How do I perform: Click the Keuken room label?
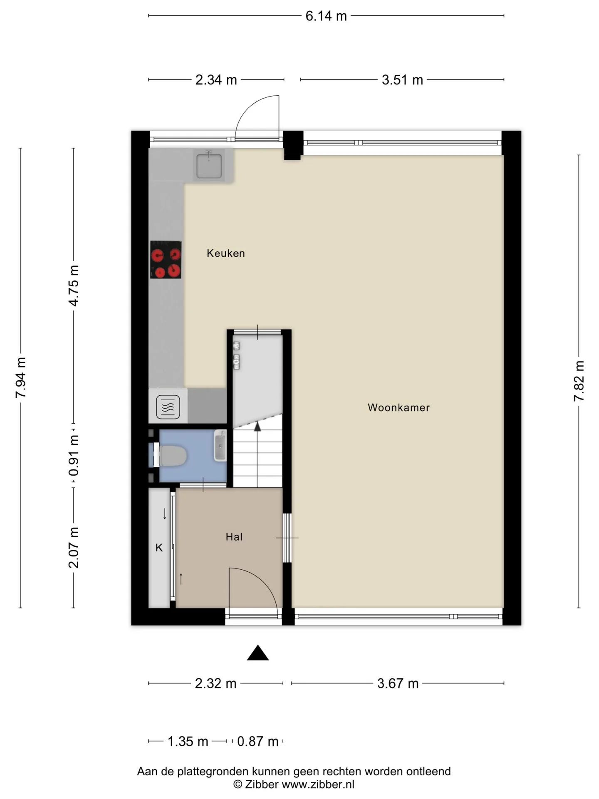pyautogui.click(x=226, y=253)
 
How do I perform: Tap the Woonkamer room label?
pyautogui.click(x=399, y=407)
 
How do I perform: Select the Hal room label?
pyautogui.click(x=234, y=537)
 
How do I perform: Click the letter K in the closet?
pyautogui.click(x=159, y=548)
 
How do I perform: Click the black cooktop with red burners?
pyautogui.click(x=166, y=260)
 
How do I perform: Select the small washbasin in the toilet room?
pyautogui.click(x=220, y=446)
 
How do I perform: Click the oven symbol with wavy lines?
pyautogui.click(x=168, y=407)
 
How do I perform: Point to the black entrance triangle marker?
pyautogui.click(x=258, y=653)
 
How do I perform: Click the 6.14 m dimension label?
pyautogui.click(x=326, y=16)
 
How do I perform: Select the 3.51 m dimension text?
pyautogui.click(x=402, y=79)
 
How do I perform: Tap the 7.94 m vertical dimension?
pyautogui.click(x=21, y=377)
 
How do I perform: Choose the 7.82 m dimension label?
pyautogui.click(x=579, y=381)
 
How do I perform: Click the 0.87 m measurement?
pyautogui.click(x=257, y=741)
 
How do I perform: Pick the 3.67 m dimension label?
pyautogui.click(x=398, y=683)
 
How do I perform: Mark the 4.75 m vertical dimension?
pyautogui.click(x=74, y=285)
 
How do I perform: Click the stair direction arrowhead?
pyautogui.click(x=257, y=426)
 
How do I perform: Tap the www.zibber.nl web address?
pyautogui.click(x=318, y=784)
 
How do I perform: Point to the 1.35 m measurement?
pyautogui.click(x=188, y=741)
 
